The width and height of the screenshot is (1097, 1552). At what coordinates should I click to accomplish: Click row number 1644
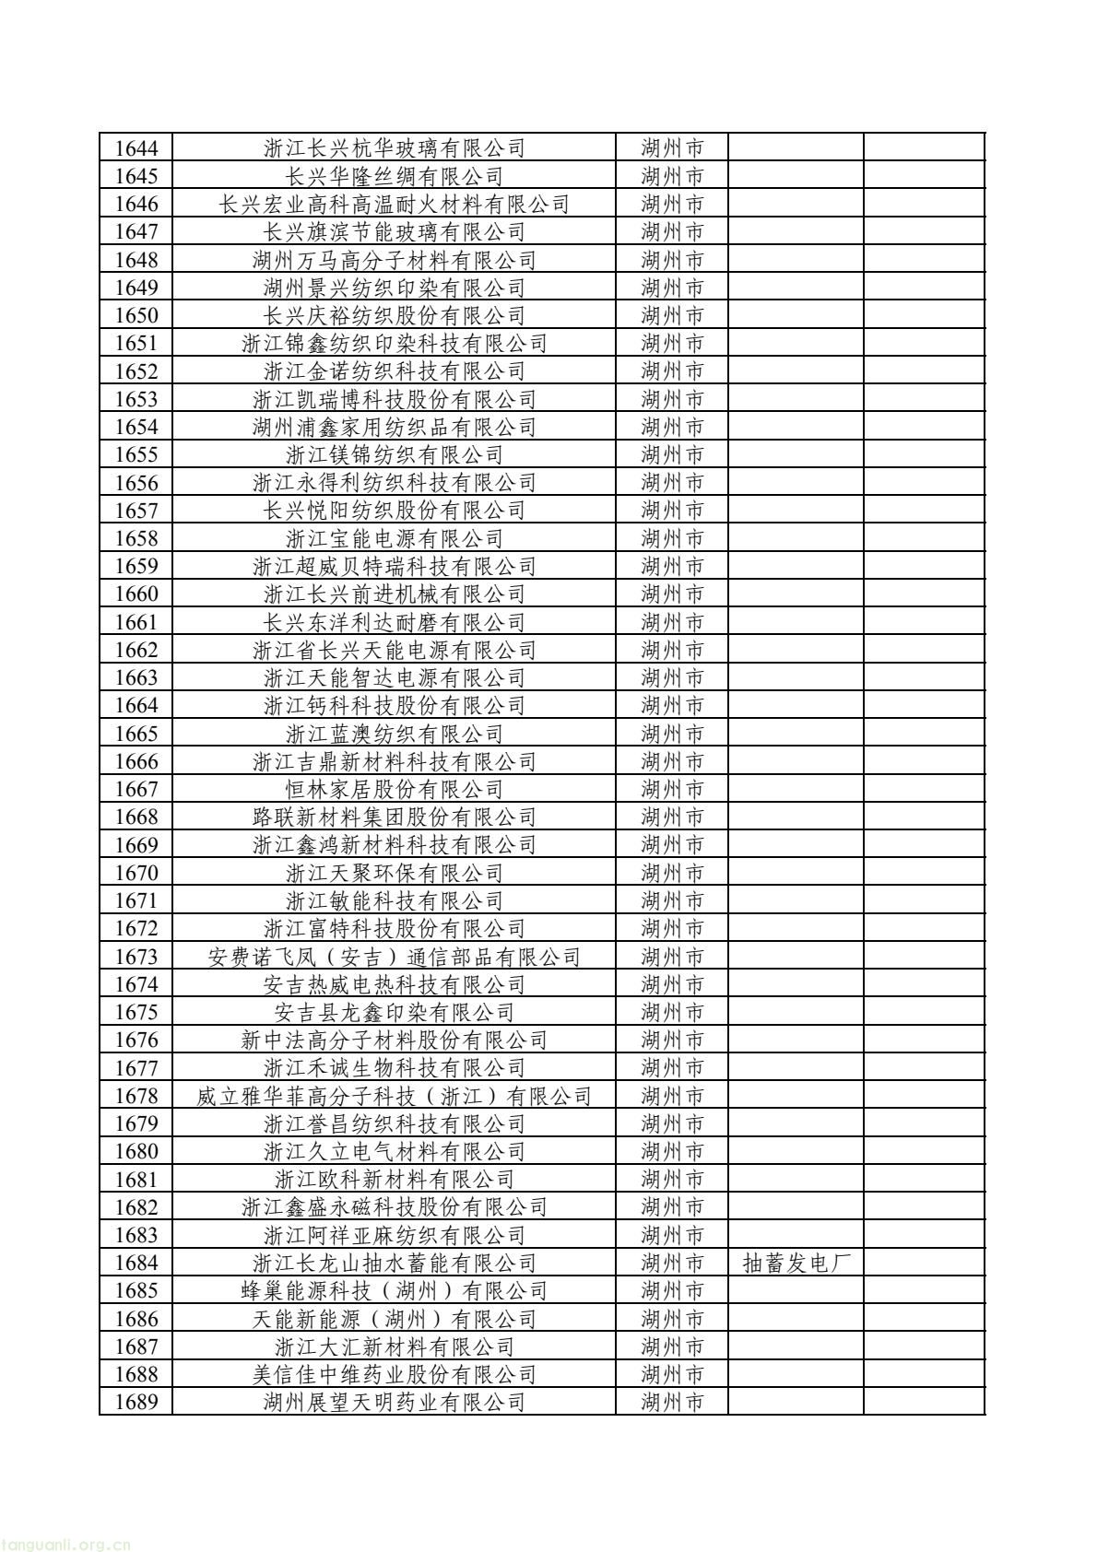point(136,148)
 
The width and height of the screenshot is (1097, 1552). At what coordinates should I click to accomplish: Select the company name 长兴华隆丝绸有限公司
point(395,176)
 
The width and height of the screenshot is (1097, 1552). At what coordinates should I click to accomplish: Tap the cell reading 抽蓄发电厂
point(796,1263)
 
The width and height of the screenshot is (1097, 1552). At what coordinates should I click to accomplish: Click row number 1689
point(136,1402)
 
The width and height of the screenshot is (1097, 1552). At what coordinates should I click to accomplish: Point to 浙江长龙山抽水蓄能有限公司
point(395,1263)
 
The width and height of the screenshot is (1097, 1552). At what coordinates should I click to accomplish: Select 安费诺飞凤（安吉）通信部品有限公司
point(395,957)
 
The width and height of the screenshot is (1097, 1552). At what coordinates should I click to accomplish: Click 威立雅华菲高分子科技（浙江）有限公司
point(395,1096)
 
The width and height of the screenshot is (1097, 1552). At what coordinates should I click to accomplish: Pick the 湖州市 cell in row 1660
point(672,594)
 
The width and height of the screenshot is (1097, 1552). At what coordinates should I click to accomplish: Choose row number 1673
point(136,957)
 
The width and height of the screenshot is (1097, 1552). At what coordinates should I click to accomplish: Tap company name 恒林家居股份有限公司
point(395,789)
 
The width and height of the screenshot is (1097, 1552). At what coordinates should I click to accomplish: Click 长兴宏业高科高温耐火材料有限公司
point(395,204)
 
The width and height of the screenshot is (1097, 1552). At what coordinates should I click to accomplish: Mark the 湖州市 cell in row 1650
point(672,315)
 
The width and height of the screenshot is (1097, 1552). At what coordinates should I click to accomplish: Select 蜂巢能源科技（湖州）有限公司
point(395,1290)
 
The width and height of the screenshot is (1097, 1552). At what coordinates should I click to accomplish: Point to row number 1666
point(136,761)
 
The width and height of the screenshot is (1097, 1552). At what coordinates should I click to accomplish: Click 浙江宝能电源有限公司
point(395,538)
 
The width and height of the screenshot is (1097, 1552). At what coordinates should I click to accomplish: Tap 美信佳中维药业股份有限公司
point(395,1374)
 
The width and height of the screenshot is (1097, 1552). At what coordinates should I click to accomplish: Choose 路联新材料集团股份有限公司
point(395,817)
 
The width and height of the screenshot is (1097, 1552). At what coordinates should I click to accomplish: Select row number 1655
point(136,454)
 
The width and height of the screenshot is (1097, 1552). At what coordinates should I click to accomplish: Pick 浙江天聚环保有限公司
point(395,873)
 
